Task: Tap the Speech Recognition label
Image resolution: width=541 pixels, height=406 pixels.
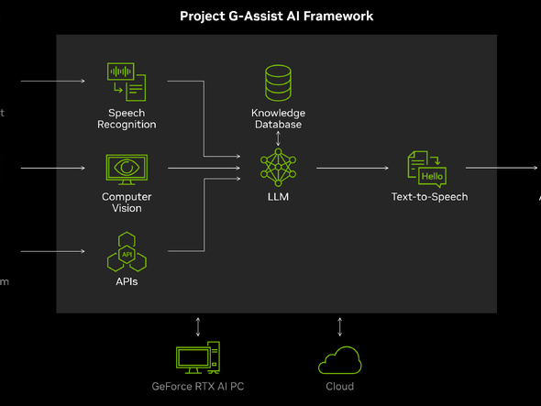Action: (127, 118)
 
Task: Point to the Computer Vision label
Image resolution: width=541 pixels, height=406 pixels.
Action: (127, 203)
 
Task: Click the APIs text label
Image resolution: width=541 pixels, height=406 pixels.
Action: (127, 282)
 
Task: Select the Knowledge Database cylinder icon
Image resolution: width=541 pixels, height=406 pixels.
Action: (278, 82)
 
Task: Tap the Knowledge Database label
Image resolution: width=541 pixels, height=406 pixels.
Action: (278, 118)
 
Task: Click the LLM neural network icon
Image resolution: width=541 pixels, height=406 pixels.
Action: (278, 169)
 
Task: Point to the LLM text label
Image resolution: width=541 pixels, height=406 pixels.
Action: (278, 197)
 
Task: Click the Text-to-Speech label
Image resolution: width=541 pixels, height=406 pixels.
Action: (429, 197)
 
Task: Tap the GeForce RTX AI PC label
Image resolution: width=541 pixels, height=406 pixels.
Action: (198, 387)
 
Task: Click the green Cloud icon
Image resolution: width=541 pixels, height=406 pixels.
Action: (340, 360)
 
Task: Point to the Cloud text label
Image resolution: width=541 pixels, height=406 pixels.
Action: (340, 387)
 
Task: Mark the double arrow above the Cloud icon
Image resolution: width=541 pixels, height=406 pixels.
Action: (340, 326)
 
